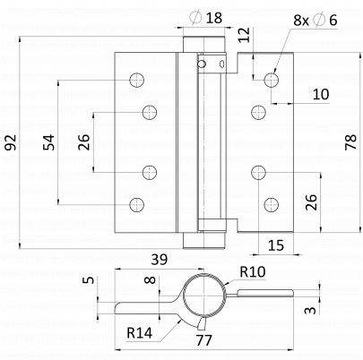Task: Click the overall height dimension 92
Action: point(11,142)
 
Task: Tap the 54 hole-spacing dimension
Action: point(48,142)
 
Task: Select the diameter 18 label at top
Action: point(206,17)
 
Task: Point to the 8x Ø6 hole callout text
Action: point(315,20)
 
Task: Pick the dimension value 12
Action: point(244,35)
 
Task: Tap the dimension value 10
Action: point(321,94)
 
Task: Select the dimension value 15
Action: point(276,245)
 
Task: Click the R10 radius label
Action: point(253,272)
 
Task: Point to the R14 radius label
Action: point(139,332)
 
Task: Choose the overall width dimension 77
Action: point(203,340)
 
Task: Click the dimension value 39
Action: point(160,260)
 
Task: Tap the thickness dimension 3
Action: point(310,310)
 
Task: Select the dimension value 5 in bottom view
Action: point(89,279)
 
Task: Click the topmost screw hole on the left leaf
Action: point(137,80)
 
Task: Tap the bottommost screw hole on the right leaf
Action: point(272,204)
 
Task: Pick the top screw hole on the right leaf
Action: point(272,80)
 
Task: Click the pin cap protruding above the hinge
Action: point(203,44)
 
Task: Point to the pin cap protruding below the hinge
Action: point(203,241)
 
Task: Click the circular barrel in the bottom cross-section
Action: point(183,296)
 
